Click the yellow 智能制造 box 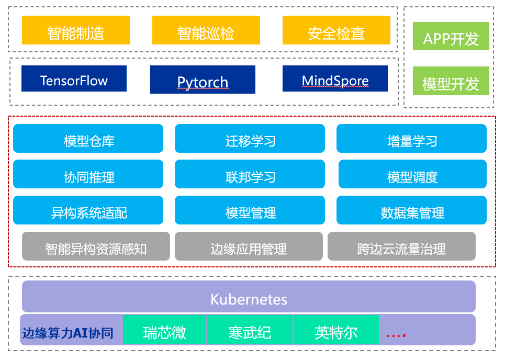click(x=75, y=30)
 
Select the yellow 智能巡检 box click(x=206, y=30)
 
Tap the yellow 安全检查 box click(x=336, y=30)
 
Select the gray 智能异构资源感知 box click(x=96, y=246)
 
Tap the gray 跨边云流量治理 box click(x=401, y=246)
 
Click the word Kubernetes click(x=249, y=299)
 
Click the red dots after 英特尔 click(x=396, y=334)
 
